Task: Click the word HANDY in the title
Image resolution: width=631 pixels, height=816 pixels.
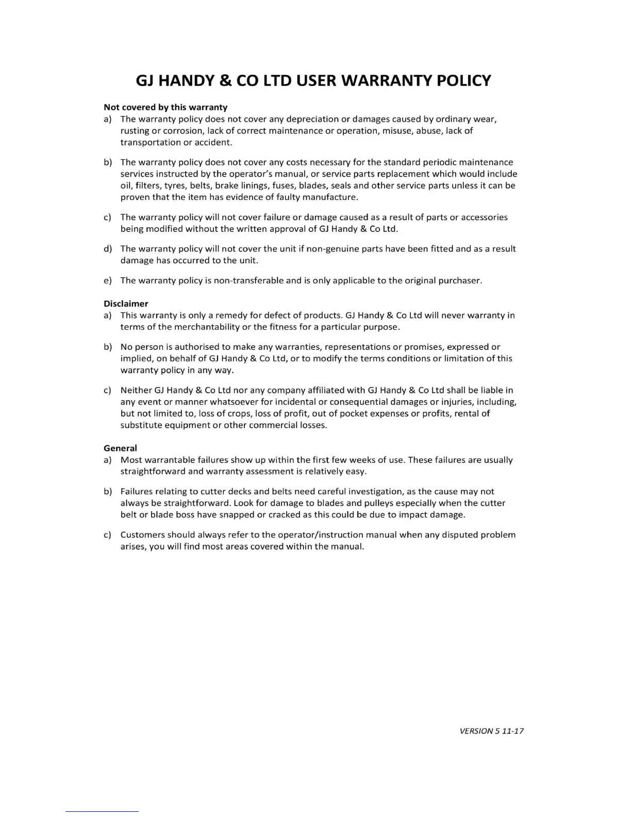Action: point(188,81)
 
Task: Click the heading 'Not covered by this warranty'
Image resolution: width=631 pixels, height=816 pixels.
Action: point(165,107)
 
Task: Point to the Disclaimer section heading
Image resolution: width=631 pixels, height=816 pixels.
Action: point(126,303)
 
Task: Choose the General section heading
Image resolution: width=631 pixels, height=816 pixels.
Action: point(120,448)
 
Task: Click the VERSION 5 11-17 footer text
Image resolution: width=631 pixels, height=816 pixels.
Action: point(491,730)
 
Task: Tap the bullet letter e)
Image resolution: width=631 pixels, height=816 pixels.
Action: point(108,281)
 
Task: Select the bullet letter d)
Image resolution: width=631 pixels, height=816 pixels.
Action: point(108,249)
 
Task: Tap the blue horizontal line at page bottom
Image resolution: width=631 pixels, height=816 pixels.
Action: point(102,811)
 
